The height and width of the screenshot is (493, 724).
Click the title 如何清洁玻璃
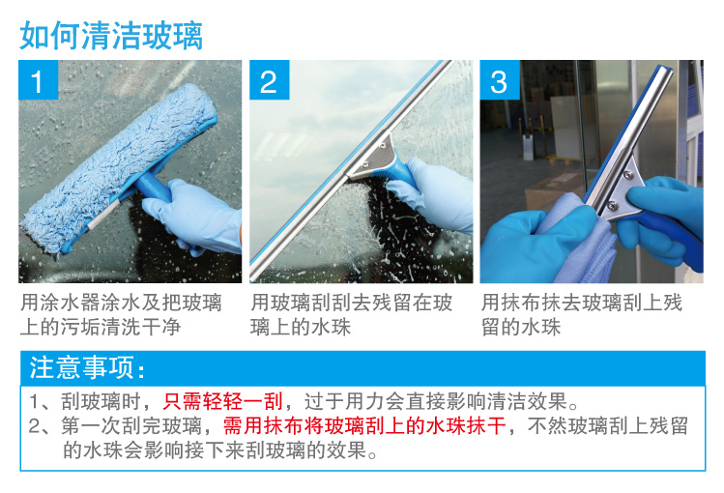tap(111, 36)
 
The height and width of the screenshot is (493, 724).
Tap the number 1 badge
tap(39, 80)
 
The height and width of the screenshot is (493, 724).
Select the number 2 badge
tap(269, 80)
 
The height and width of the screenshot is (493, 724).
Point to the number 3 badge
tap(500, 80)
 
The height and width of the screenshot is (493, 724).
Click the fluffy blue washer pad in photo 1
tap(118, 166)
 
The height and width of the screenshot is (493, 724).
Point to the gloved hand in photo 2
tap(432, 194)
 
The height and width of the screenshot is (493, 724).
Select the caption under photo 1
tap(121, 315)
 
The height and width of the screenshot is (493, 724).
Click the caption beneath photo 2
tap(352, 315)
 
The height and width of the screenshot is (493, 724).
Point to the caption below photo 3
tap(582, 315)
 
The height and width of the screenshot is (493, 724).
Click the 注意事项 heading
tap(87, 368)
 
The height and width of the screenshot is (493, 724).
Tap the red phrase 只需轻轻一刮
tap(222, 401)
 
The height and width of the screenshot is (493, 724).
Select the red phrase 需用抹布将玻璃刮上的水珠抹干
tap(364, 425)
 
